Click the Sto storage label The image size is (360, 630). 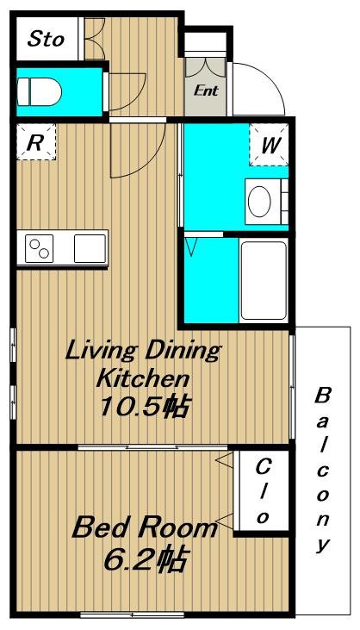(46, 39)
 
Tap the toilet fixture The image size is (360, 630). (40, 92)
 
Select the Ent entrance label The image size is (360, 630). (206, 90)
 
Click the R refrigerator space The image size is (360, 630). (35, 142)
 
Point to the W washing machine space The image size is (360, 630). (270, 144)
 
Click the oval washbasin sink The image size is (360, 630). (259, 201)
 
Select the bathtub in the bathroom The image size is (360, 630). (264, 280)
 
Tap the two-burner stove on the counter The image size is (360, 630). (40, 249)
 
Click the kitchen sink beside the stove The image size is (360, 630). (90, 249)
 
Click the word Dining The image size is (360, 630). (182, 351)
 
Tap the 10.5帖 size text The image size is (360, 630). (143, 407)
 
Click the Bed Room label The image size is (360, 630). (145, 527)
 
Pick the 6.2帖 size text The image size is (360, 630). (145, 558)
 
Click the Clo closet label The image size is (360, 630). (264, 492)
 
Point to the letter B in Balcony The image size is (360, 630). (322, 396)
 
